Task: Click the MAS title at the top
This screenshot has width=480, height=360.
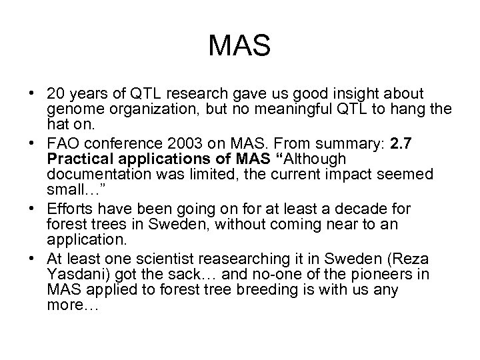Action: point(239,46)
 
